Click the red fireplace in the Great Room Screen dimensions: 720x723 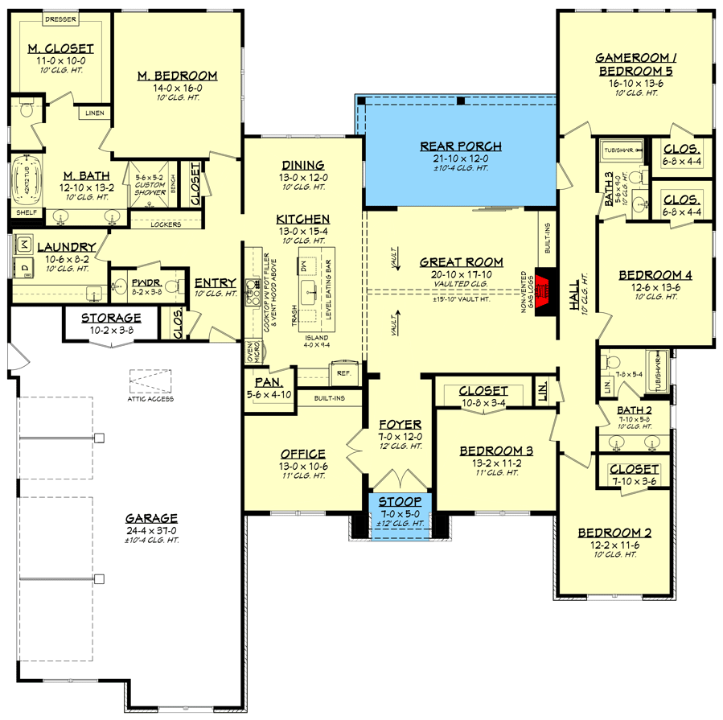pyautogui.click(x=544, y=286)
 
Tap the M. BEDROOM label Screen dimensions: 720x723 pyautogui.click(x=177, y=76)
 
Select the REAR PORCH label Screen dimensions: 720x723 pyautogui.click(x=461, y=146)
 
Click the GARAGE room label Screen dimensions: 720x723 pyautogui.click(x=151, y=518)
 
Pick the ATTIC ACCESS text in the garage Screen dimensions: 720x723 pyautogui.click(x=150, y=398)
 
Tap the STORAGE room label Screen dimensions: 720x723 pyautogui.click(x=111, y=318)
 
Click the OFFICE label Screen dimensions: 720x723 pyautogui.click(x=303, y=454)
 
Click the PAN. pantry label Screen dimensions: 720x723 pyautogui.click(x=267, y=383)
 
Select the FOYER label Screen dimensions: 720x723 pyautogui.click(x=401, y=424)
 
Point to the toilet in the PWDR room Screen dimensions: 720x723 pyautogui.click(x=121, y=283)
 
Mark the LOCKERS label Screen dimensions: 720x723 pyautogui.click(x=166, y=224)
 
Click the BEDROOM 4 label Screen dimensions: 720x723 pyautogui.click(x=655, y=275)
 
